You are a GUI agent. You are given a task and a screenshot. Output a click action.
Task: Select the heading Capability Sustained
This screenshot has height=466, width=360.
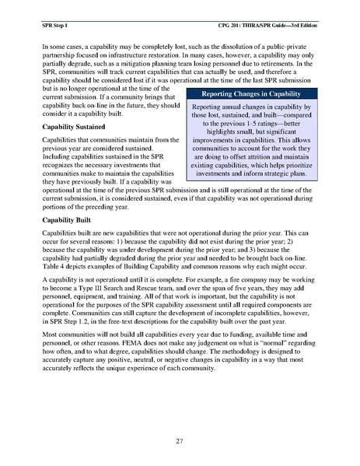[x=72, y=126]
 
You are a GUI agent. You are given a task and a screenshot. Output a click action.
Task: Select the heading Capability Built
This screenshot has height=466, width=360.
[x=65, y=220]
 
